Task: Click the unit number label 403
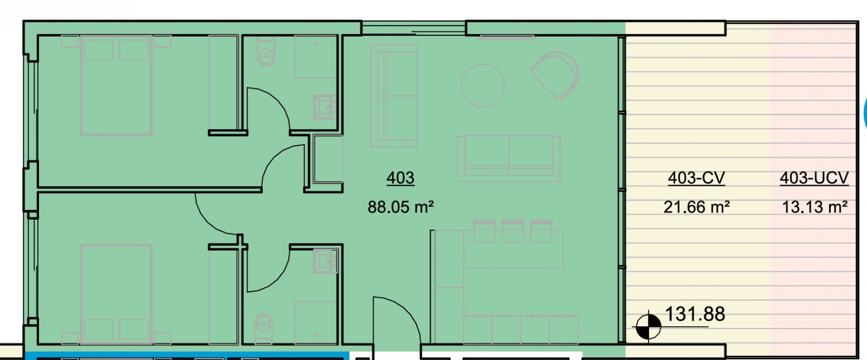(x=400, y=178)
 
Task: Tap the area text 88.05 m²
(x=400, y=207)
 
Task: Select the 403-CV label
(x=696, y=178)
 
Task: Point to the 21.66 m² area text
(x=696, y=207)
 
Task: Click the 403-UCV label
(x=814, y=178)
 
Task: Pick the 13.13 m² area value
(x=815, y=207)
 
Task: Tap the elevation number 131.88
(x=695, y=314)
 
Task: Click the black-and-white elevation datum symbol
(x=648, y=326)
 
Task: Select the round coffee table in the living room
(x=483, y=86)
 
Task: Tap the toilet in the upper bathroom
(x=266, y=52)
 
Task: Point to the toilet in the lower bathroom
(x=264, y=328)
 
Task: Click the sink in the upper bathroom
(x=325, y=107)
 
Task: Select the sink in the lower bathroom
(x=325, y=261)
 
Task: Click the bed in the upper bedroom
(x=116, y=85)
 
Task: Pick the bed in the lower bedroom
(x=116, y=294)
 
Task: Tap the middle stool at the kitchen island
(x=513, y=231)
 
